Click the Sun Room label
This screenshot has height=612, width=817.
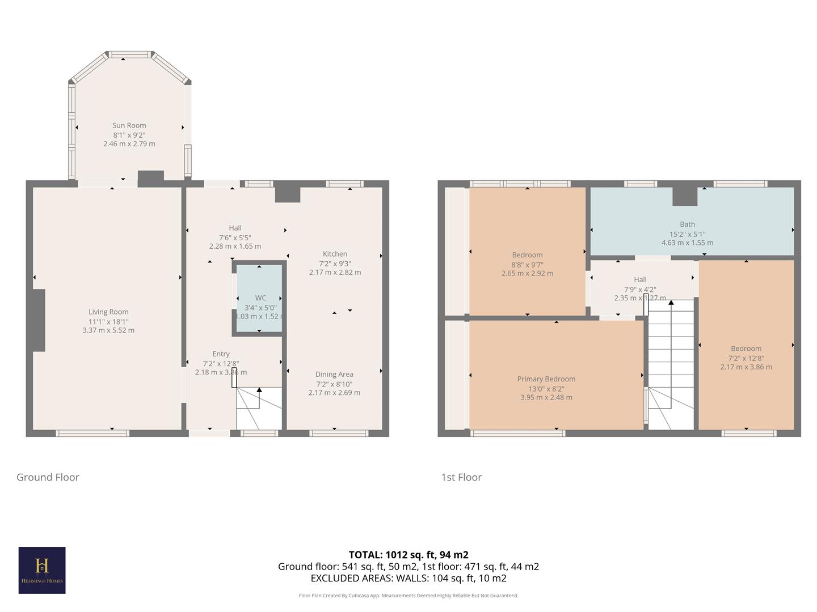[x=129, y=125]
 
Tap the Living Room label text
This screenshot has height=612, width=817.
[x=108, y=312]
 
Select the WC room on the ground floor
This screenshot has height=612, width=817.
[x=260, y=298]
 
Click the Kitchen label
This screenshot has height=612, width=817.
[x=335, y=254]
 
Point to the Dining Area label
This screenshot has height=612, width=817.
[x=334, y=374]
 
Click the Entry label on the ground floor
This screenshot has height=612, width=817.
[x=221, y=354]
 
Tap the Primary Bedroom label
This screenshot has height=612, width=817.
[x=546, y=379]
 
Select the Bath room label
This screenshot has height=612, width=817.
[x=687, y=224]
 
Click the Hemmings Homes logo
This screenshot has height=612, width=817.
[x=42, y=570]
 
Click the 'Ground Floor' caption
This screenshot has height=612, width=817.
[x=48, y=477]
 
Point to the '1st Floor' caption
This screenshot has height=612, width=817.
[x=461, y=477]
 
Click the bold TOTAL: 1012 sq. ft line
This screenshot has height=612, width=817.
[x=408, y=555]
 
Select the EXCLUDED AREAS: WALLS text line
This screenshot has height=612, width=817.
[x=408, y=578]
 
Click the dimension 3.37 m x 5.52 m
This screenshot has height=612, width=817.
[x=108, y=330]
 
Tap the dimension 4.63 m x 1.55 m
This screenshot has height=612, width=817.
[x=687, y=243]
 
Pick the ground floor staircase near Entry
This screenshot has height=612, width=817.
[x=259, y=408]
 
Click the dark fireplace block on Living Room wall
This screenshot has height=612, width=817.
[x=38, y=320]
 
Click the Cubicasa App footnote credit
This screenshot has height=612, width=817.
[x=408, y=596]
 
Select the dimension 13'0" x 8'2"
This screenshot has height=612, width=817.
[x=546, y=388]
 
